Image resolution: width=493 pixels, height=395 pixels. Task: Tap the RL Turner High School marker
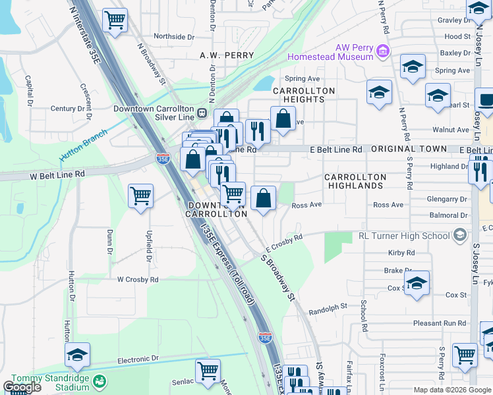[x=460, y=235]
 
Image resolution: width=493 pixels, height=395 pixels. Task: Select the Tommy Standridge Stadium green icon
[x=100, y=381]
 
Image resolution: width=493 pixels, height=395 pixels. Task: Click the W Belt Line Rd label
[x=57, y=174]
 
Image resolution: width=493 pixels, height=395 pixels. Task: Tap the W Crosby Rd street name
[x=138, y=279]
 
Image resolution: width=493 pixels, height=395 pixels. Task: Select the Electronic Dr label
[x=138, y=359]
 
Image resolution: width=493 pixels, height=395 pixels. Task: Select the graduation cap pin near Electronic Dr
[x=77, y=355]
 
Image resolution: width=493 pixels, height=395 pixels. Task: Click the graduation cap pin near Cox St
[x=417, y=283]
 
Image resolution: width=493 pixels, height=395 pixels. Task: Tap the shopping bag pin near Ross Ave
[x=263, y=197]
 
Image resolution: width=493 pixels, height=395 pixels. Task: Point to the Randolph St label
[x=328, y=307]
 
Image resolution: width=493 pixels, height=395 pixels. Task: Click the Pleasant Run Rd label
[x=440, y=323]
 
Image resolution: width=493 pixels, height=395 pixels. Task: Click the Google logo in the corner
[x=21, y=387]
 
